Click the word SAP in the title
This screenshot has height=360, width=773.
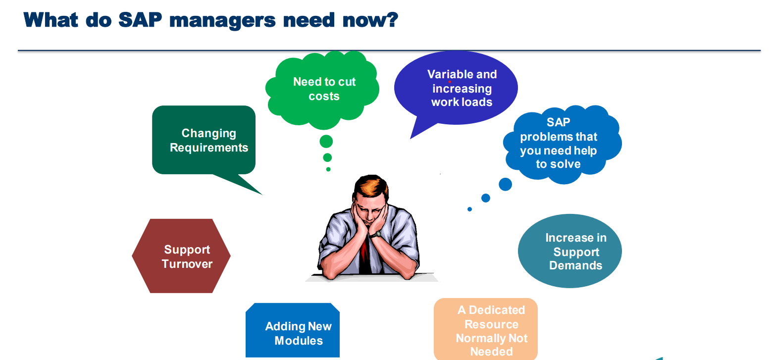coord(140,20)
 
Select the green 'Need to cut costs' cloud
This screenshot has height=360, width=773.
coord(322,90)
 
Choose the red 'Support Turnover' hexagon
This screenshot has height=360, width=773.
coord(181,256)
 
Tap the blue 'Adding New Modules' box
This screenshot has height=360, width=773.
coord(293,330)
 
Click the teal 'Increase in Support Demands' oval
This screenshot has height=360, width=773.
coord(570,251)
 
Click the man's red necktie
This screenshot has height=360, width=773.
coord(364,254)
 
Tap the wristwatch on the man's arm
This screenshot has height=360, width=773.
coord(375,235)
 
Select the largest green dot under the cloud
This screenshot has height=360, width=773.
coord(326,141)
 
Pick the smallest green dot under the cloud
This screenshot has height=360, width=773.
coord(328,169)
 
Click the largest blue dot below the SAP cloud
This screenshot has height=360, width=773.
coord(505,184)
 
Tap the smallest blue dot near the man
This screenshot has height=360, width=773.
coord(469,209)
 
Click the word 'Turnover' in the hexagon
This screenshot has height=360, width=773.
coord(187,264)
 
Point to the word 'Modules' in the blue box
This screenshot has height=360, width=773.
coord(299,341)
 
